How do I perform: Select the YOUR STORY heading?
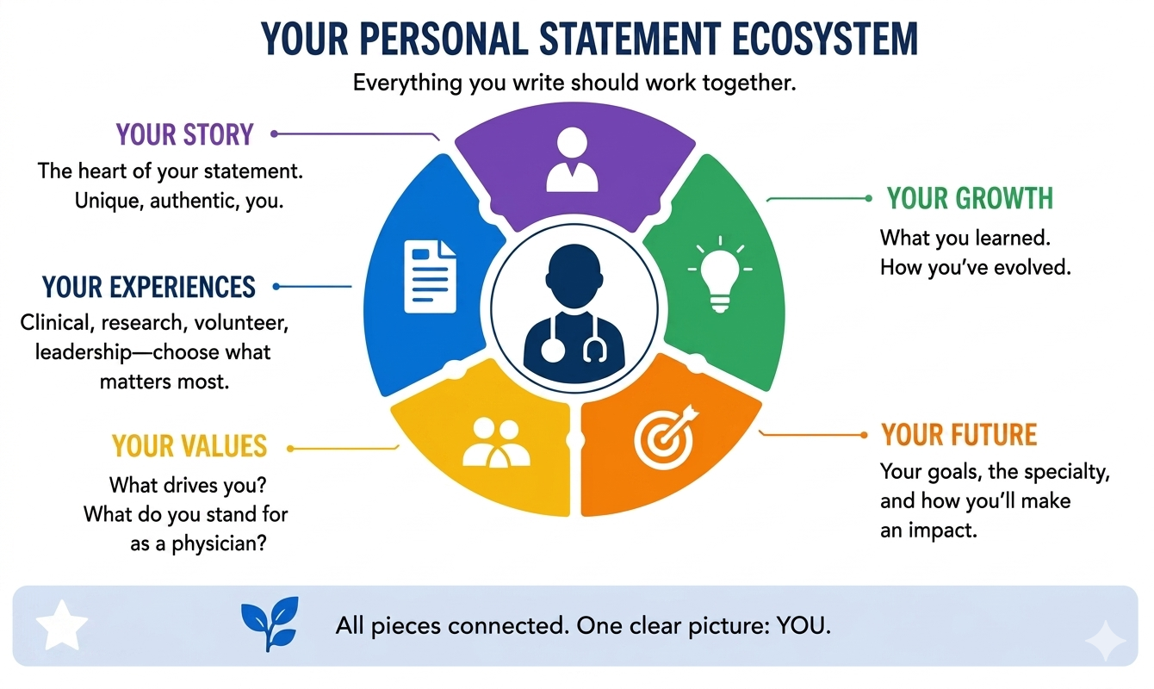click(x=184, y=134)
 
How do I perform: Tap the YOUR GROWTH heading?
click(x=970, y=198)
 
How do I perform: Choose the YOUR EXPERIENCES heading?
click(x=148, y=287)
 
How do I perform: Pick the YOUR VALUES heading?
click(x=189, y=446)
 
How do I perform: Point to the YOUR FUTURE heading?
click(x=959, y=434)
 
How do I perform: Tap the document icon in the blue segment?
click(x=431, y=276)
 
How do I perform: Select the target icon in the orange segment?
click(x=666, y=437)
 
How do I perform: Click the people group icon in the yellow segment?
click(x=496, y=444)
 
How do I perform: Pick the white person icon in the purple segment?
click(x=572, y=159)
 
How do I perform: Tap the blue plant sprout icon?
click(x=270, y=624)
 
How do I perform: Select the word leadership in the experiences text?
click(x=84, y=352)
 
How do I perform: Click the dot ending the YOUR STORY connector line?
click(x=274, y=134)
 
